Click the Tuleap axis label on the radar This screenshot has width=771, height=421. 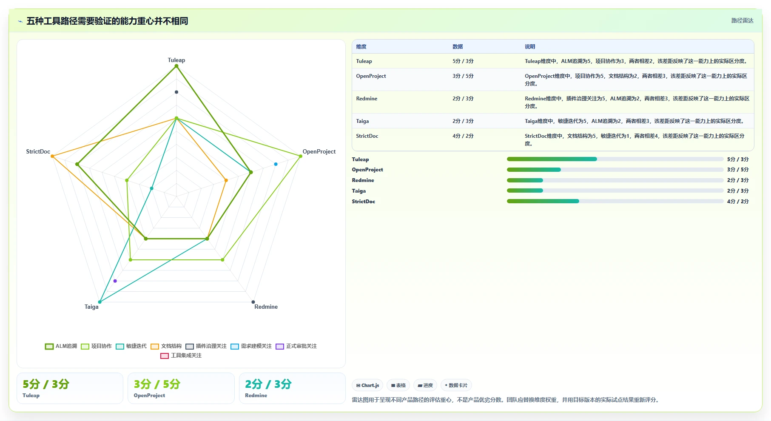tap(176, 60)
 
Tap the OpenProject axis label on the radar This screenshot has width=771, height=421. tap(319, 151)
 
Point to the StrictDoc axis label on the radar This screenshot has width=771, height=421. tap(38, 151)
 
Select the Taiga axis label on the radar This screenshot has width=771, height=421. tap(91, 307)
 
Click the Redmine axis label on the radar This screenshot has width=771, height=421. tap(266, 307)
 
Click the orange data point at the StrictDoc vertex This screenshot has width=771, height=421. tap(52, 156)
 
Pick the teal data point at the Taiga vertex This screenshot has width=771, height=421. tap(100, 302)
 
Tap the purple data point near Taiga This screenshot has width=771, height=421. tap(115, 281)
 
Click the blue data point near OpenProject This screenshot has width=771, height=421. tap(276, 164)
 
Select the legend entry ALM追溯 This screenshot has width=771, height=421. tap(61, 346)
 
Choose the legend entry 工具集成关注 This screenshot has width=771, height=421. tap(181, 356)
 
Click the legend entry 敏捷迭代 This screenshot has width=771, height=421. tap(131, 346)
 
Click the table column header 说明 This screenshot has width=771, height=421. tap(530, 47)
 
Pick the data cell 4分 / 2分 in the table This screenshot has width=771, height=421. tap(463, 136)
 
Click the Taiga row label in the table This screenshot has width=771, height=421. tap(363, 121)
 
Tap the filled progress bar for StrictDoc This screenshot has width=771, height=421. tap(543, 201)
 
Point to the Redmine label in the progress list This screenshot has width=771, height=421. tap(363, 180)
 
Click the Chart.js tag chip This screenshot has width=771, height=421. tap(368, 385)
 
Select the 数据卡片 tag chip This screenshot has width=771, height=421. tap(456, 385)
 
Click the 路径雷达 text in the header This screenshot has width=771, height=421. tap(743, 20)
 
